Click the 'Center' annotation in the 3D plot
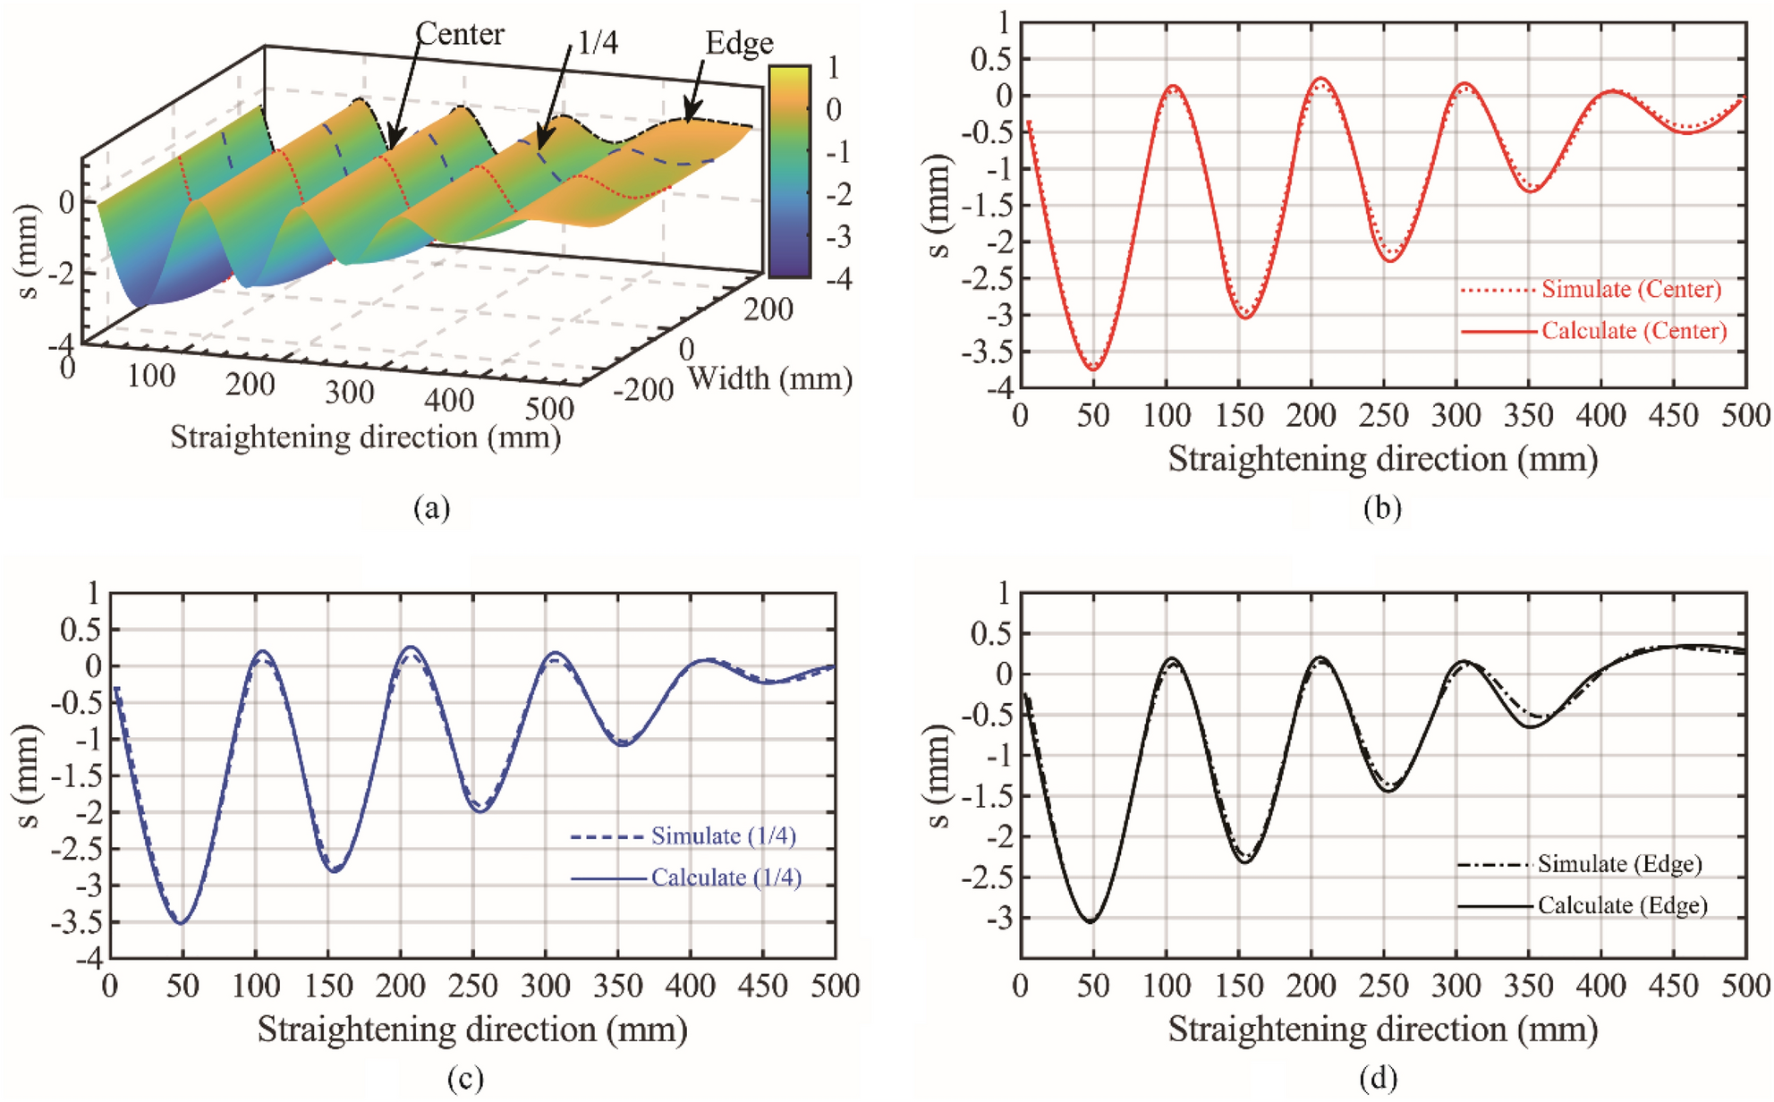pyautogui.click(x=460, y=34)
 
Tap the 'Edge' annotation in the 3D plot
pyautogui.click(x=738, y=43)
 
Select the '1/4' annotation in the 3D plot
pyautogui.click(x=597, y=42)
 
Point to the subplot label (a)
pyautogui.click(x=432, y=508)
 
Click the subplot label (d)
pyautogui.click(x=1378, y=1080)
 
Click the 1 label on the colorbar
pyautogui.click(x=833, y=68)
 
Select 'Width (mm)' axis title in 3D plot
pyautogui.click(x=769, y=379)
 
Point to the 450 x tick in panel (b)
pyautogui.click(x=1673, y=416)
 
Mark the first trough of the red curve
pyautogui.click(x=1093, y=369)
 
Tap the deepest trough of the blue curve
pyautogui.click(x=182, y=923)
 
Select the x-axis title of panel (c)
pyautogui.click(x=472, y=1030)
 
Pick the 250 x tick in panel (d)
pyautogui.click(x=1383, y=986)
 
